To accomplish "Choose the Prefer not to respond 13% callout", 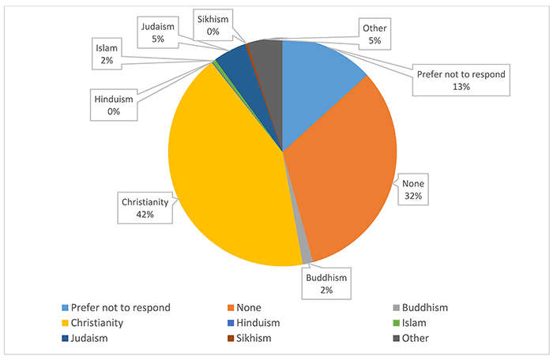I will pyautogui.click(x=461, y=81).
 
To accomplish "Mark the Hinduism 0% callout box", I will pyautogui.click(x=113, y=106).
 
